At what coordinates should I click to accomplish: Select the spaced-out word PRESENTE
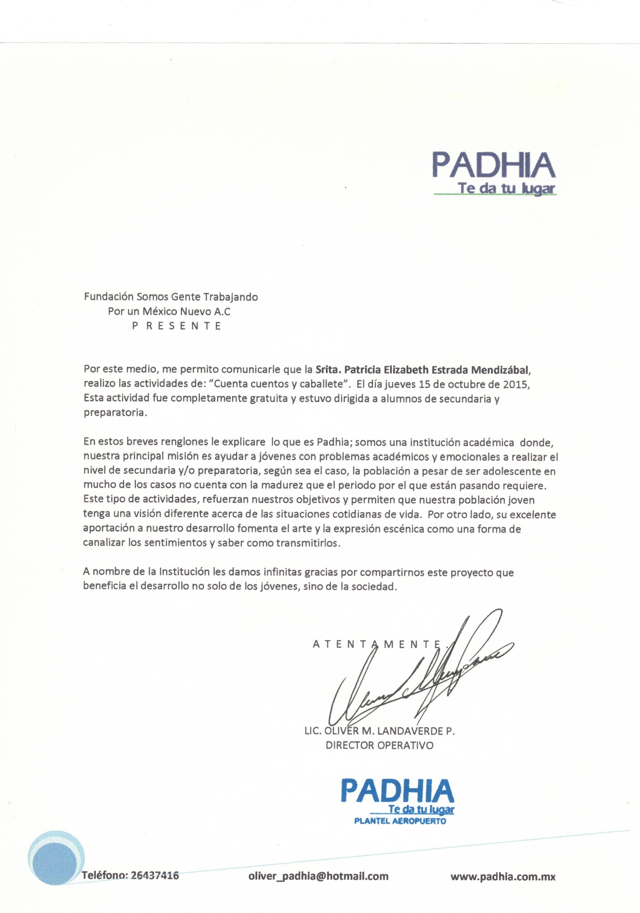(177, 326)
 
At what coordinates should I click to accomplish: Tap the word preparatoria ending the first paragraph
(114, 413)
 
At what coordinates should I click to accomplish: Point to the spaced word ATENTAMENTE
(376, 644)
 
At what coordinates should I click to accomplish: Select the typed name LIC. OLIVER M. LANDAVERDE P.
(380, 731)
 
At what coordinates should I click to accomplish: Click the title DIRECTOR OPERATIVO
(380, 745)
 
